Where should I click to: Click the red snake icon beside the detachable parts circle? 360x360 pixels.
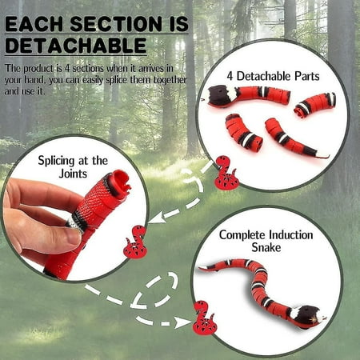[x=226, y=174]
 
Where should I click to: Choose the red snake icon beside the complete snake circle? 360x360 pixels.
[x=205, y=322]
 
